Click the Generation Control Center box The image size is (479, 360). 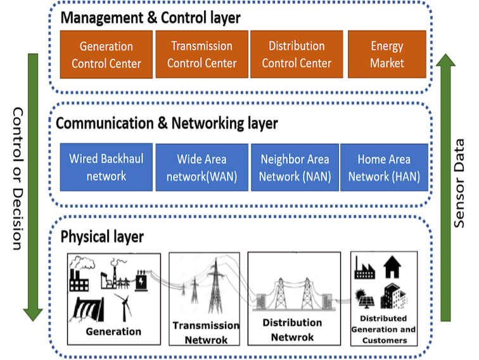tap(106, 55)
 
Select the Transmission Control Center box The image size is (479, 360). tap(201, 55)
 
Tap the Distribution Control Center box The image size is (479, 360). tap(297, 55)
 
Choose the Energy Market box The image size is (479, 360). tap(387, 55)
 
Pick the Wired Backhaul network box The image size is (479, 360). tap(106, 167)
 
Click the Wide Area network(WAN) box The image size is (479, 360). tap(201, 167)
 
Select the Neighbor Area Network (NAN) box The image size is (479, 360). tap(295, 167)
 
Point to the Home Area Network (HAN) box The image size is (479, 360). tap(384, 167)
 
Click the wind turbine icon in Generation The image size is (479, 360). tap(124, 307)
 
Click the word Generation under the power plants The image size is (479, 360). tap(113, 331)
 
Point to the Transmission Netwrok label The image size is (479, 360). tap(206, 332)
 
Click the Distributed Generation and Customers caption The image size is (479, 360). tap(384, 329)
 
